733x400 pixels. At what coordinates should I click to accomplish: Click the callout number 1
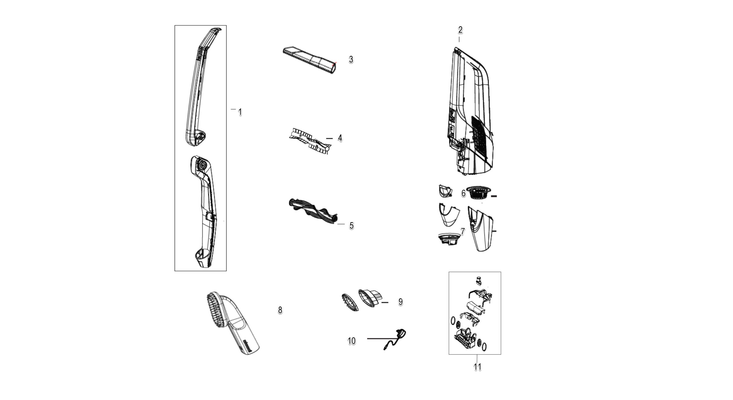click(x=240, y=112)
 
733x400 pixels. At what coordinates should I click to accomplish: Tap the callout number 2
click(x=460, y=30)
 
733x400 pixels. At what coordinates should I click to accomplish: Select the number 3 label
click(x=351, y=59)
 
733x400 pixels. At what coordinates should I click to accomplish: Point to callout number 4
click(x=340, y=138)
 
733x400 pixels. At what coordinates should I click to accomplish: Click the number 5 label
click(x=351, y=226)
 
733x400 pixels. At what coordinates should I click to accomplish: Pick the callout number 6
click(x=463, y=193)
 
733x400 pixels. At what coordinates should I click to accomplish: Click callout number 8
click(x=280, y=310)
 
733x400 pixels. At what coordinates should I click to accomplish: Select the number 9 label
click(x=401, y=302)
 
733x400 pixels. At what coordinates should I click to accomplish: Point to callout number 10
click(x=352, y=341)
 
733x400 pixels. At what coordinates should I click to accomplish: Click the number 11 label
click(x=477, y=367)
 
